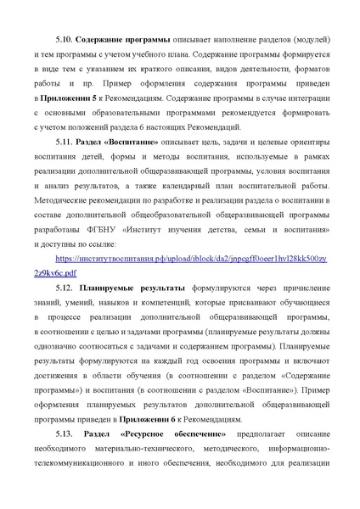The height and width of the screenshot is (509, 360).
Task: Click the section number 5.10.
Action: (64, 39)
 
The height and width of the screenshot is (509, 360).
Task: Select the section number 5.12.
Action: (64, 288)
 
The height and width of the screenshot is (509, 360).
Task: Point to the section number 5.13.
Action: (64, 435)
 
